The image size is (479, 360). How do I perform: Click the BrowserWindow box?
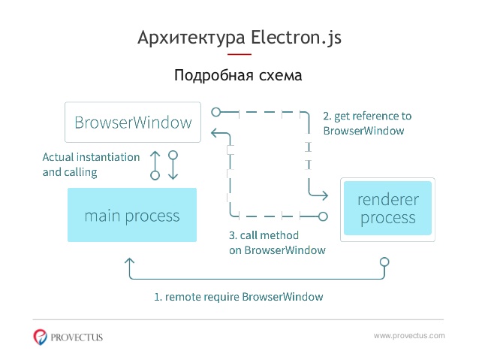pos(133,122)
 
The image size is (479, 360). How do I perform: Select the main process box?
pos(132,215)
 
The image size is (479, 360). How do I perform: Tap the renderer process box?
pos(387,210)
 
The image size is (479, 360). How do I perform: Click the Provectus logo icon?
pos(40,337)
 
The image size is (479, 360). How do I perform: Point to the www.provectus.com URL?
pos(409,336)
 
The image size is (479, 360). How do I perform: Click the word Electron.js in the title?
pos(296,38)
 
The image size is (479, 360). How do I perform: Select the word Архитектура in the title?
pos(191,38)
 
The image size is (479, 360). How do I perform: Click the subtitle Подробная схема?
pos(238,75)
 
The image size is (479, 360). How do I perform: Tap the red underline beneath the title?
pos(239,54)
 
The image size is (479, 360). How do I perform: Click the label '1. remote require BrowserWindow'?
pos(239,297)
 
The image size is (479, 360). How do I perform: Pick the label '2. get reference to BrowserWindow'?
pos(367,123)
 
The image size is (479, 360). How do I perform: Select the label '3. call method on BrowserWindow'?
pos(277,243)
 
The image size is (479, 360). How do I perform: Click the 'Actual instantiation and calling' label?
pos(91,165)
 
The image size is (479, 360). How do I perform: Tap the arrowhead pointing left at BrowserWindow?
pos(215,133)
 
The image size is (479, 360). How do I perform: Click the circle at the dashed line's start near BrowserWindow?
pos(216,112)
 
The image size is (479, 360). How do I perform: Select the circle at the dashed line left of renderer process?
pos(323,216)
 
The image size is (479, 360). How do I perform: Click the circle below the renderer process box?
pos(384,262)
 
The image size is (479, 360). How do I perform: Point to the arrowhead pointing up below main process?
pos(130,262)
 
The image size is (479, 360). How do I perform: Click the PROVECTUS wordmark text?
pos(77,337)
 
